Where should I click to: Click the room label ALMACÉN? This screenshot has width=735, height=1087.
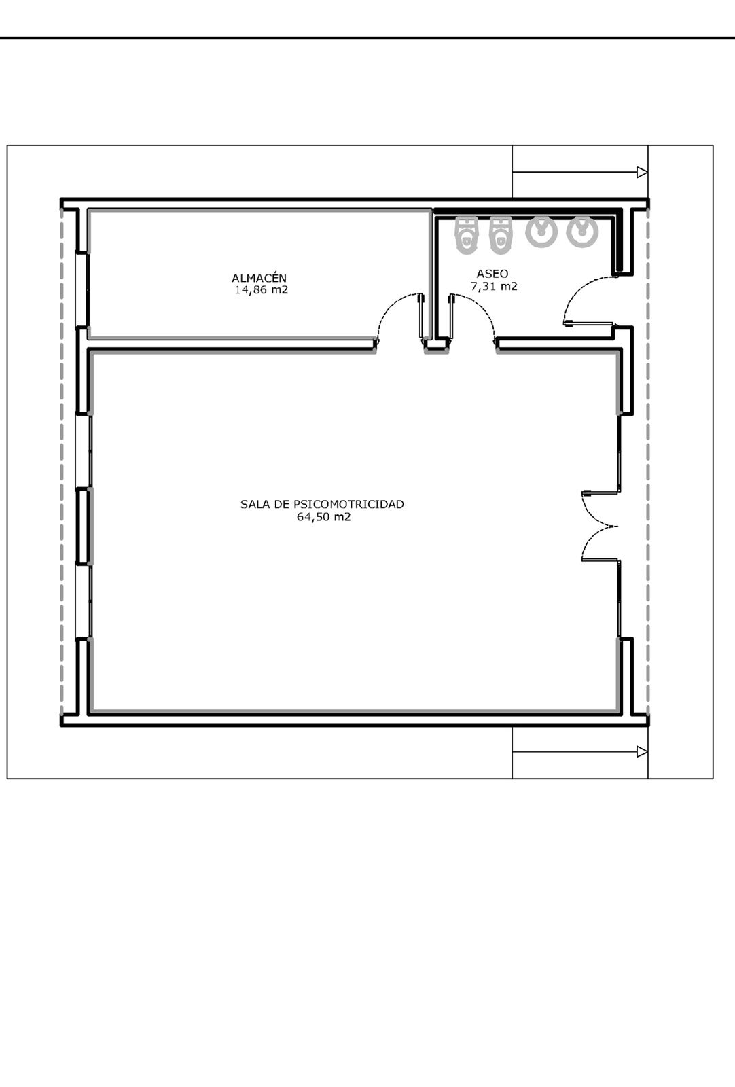(x=259, y=278)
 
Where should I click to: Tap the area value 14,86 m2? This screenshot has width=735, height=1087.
(x=262, y=290)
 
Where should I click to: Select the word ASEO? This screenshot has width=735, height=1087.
(x=492, y=274)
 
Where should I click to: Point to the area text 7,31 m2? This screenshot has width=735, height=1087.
(x=494, y=286)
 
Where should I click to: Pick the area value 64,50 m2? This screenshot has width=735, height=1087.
(x=323, y=517)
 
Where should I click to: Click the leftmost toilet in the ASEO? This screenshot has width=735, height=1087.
(x=466, y=235)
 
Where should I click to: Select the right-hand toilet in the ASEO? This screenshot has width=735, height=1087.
(x=500, y=235)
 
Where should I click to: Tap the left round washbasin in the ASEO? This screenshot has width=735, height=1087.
(x=541, y=232)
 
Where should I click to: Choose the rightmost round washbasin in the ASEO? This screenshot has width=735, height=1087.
(x=582, y=232)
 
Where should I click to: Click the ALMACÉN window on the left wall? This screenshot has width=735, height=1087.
(x=82, y=289)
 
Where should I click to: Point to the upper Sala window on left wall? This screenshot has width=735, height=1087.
(x=83, y=451)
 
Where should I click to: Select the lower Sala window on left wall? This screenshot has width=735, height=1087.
(x=83, y=601)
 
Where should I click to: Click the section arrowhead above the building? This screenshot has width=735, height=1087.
(x=642, y=173)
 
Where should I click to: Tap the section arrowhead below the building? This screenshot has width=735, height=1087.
(x=642, y=751)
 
